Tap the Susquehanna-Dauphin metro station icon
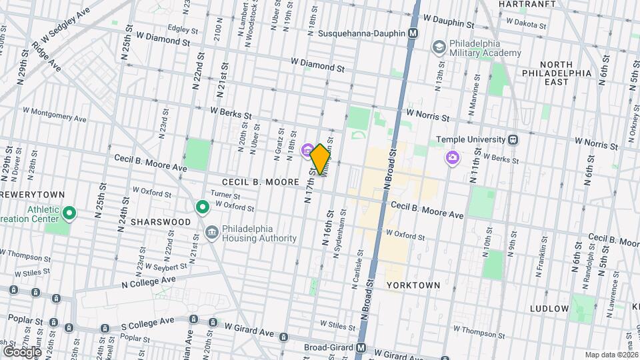[x=414, y=33]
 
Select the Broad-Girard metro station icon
[x=361, y=348]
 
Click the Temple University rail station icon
[x=513, y=140]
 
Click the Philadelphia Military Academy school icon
[x=439, y=47]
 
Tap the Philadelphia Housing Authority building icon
[x=211, y=233]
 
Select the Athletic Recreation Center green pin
[x=70, y=213]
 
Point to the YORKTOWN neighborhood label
[x=413, y=285]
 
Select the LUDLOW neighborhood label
[x=549, y=309]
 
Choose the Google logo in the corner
[x=21, y=351]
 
